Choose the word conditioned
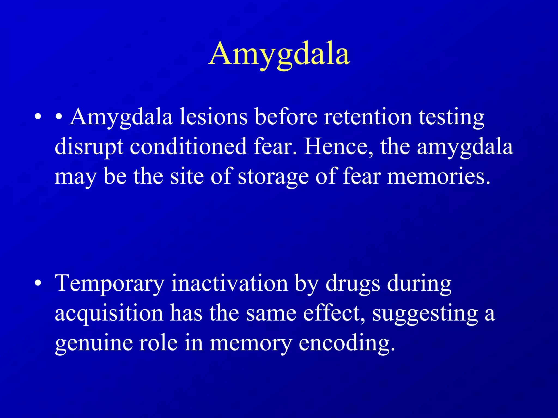(x=188, y=147)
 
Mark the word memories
(x=439, y=177)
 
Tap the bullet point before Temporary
(x=38, y=283)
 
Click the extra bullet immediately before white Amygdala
(x=59, y=117)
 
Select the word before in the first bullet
(x=286, y=117)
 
